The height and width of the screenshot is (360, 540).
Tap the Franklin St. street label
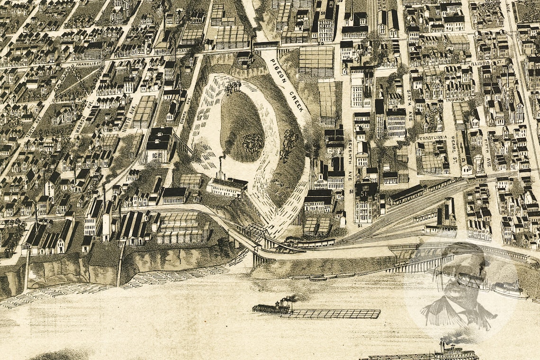88,63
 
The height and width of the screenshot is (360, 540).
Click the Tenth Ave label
34,127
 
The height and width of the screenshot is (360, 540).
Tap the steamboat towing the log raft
272,307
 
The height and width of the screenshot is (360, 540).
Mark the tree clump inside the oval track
253,142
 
